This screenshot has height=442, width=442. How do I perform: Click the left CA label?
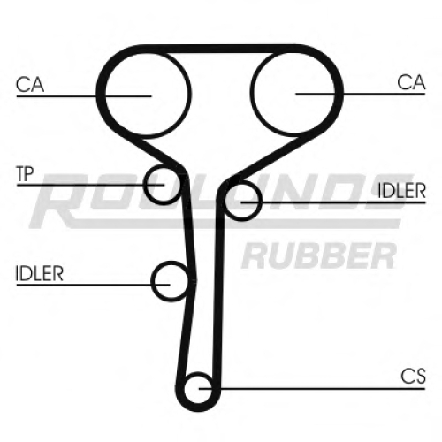tap(30, 85)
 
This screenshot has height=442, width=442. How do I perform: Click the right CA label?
tap(411, 82)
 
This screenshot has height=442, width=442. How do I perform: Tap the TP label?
tap(26, 174)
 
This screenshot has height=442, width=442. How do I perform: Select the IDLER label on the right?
tap(402, 191)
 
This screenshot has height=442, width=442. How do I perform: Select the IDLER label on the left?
tap(40, 273)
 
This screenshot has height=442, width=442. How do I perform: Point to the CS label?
tap(413, 376)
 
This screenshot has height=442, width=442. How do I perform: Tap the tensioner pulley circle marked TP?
tap(145, 185)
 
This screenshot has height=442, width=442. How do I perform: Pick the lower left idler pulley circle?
tap(152, 281)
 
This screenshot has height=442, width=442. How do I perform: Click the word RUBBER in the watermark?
tap(319, 255)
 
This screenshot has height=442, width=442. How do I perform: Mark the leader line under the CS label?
tap(312, 389)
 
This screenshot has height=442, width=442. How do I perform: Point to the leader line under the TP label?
tap(90, 185)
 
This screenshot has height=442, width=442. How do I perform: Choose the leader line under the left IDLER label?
tap(93, 285)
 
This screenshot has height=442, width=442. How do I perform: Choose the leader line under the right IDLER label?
tap(333, 202)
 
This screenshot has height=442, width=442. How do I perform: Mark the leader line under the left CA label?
tap(84, 95)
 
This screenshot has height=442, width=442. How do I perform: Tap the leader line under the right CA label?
tap(361, 94)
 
